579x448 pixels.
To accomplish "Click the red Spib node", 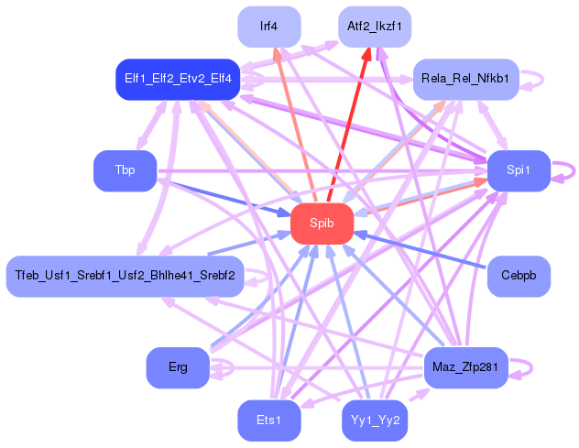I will [322, 224].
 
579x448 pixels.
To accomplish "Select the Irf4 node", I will [268, 27].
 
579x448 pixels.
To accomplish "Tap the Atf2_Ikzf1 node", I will [374, 27].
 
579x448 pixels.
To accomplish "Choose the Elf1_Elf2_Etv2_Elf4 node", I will [178, 80].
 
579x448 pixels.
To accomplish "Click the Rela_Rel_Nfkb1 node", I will [466, 80].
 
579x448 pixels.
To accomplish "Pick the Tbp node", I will [125, 171].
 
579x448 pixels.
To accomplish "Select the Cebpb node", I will [518, 276].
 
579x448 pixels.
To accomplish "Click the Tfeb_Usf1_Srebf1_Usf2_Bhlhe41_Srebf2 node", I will [125, 276].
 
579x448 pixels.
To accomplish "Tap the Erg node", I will [178, 367].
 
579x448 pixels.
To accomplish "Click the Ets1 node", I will [268, 421].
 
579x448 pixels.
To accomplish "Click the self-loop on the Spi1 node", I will [569, 170].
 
